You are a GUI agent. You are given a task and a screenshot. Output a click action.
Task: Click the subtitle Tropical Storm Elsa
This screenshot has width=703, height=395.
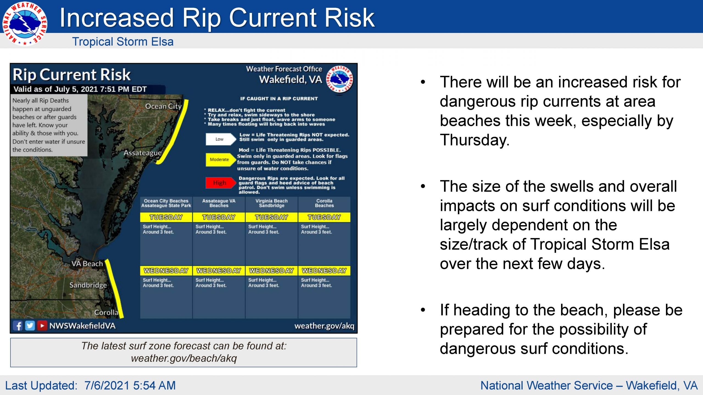pyautogui.click(x=123, y=42)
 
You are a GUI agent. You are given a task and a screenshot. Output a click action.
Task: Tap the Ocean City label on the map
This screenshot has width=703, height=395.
pyautogui.click(x=163, y=106)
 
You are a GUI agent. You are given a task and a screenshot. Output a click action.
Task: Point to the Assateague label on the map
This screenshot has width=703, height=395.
pyautogui.click(x=143, y=153)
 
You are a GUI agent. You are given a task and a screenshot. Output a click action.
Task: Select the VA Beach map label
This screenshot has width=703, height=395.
pyautogui.click(x=87, y=264)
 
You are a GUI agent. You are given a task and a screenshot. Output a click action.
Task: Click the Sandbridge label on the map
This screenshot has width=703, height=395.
pyautogui.click(x=88, y=285)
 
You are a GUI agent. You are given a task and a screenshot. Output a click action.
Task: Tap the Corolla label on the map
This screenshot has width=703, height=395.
pyautogui.click(x=106, y=312)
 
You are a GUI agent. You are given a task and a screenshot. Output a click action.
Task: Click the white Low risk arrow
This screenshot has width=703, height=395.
pyautogui.click(x=221, y=139)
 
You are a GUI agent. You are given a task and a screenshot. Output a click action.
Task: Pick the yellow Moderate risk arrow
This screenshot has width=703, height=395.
pyautogui.click(x=221, y=160)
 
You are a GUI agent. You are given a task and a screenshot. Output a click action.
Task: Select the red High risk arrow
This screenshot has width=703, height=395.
pyautogui.click(x=221, y=183)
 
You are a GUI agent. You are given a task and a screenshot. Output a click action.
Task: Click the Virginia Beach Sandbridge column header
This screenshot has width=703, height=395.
pyautogui.click(x=272, y=203)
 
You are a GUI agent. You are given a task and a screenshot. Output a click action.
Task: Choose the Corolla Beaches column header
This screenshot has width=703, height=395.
pyautogui.click(x=324, y=203)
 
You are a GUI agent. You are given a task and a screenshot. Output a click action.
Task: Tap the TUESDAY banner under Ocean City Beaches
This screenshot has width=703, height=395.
pyautogui.click(x=166, y=217)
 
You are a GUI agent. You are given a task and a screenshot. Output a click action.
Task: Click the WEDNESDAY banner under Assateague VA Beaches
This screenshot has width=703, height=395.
pyautogui.click(x=219, y=271)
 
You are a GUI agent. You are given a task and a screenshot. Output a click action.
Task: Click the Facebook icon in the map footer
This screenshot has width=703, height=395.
pyautogui.click(x=18, y=326)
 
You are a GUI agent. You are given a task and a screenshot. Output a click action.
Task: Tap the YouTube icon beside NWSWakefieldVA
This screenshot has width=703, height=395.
pyautogui.click(x=42, y=326)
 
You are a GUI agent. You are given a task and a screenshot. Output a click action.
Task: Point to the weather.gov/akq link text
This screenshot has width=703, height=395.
pyautogui.click(x=324, y=326)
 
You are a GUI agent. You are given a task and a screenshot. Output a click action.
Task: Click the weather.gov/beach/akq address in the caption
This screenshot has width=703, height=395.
pyautogui.click(x=184, y=358)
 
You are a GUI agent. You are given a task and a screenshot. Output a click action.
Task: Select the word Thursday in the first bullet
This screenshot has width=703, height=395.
pyautogui.click(x=475, y=140)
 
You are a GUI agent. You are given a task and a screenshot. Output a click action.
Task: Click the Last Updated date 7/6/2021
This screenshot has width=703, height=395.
pyautogui.click(x=107, y=386)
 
